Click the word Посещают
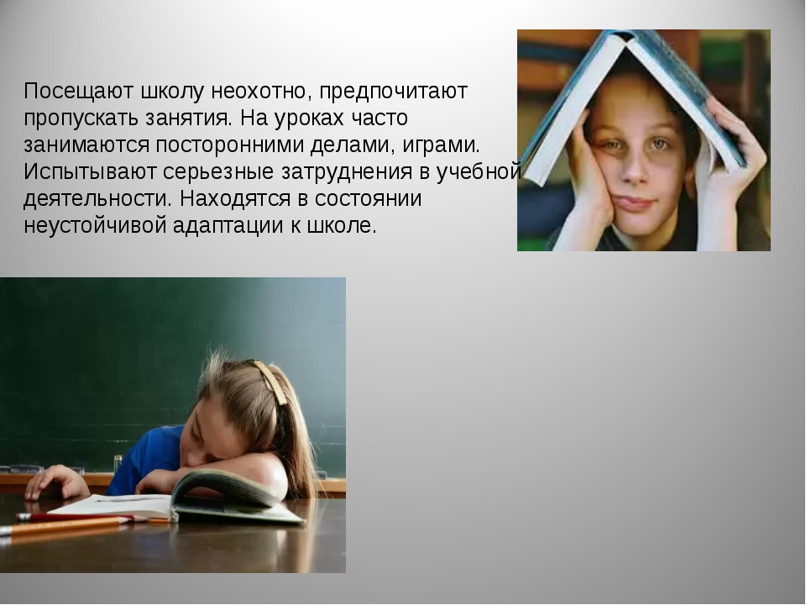[x=79, y=92]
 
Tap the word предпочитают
[x=393, y=92]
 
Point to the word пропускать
[x=81, y=119]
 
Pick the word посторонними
[x=230, y=146]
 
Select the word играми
[x=441, y=146]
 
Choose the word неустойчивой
[x=95, y=226]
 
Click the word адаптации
[x=228, y=226]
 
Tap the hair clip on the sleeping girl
[x=270, y=381]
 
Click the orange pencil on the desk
[x=61, y=527]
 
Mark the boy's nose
[x=636, y=170]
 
